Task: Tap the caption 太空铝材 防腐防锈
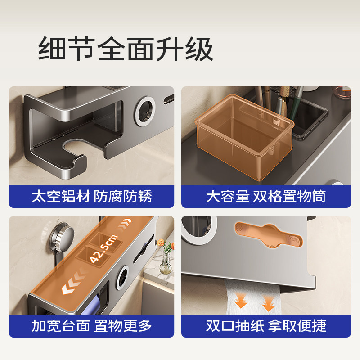click(91, 197)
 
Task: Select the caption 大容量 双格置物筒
click(265, 197)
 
